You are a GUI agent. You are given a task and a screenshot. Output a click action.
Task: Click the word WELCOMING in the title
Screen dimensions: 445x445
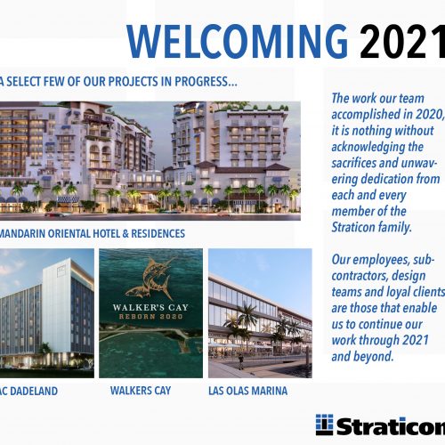pos(237,40)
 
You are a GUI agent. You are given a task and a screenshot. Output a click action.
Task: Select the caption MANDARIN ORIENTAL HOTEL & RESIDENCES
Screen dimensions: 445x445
pos(93,233)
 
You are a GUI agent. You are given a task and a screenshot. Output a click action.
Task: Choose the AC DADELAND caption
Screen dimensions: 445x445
pos(34,390)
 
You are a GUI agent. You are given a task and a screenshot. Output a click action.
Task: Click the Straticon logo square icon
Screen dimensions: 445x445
pos(324,425)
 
